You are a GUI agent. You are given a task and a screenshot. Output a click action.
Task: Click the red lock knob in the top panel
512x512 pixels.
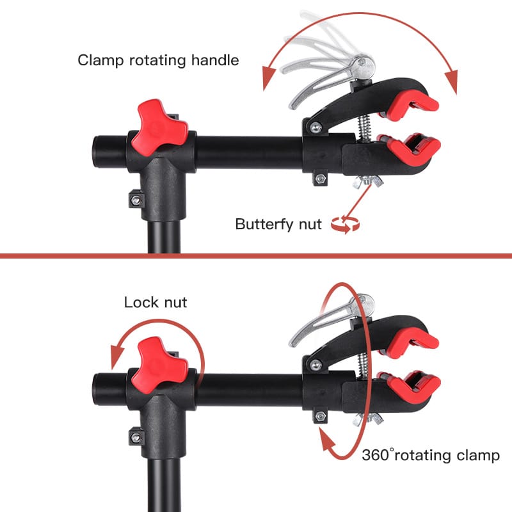tap(159, 127)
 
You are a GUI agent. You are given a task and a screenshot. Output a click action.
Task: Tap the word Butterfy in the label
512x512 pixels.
tap(264, 225)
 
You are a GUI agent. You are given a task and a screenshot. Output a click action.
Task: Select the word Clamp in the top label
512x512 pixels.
tap(100, 61)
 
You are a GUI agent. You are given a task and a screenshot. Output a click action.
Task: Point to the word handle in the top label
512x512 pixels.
tap(215, 60)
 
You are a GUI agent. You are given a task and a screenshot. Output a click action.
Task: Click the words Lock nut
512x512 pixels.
tap(156, 302)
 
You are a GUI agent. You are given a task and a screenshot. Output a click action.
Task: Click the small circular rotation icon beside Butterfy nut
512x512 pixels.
tap(345, 225)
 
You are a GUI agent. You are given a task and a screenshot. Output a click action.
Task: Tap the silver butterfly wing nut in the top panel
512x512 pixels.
tap(368, 182)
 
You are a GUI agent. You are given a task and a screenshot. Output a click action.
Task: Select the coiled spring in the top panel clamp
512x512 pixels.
tap(365, 127)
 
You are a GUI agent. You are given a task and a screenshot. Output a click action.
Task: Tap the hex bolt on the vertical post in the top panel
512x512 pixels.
tap(136, 200)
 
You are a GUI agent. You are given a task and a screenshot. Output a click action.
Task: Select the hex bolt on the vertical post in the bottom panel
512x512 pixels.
tap(136, 438)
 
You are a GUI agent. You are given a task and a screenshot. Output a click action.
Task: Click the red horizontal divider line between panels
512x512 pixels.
tap(256, 255)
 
